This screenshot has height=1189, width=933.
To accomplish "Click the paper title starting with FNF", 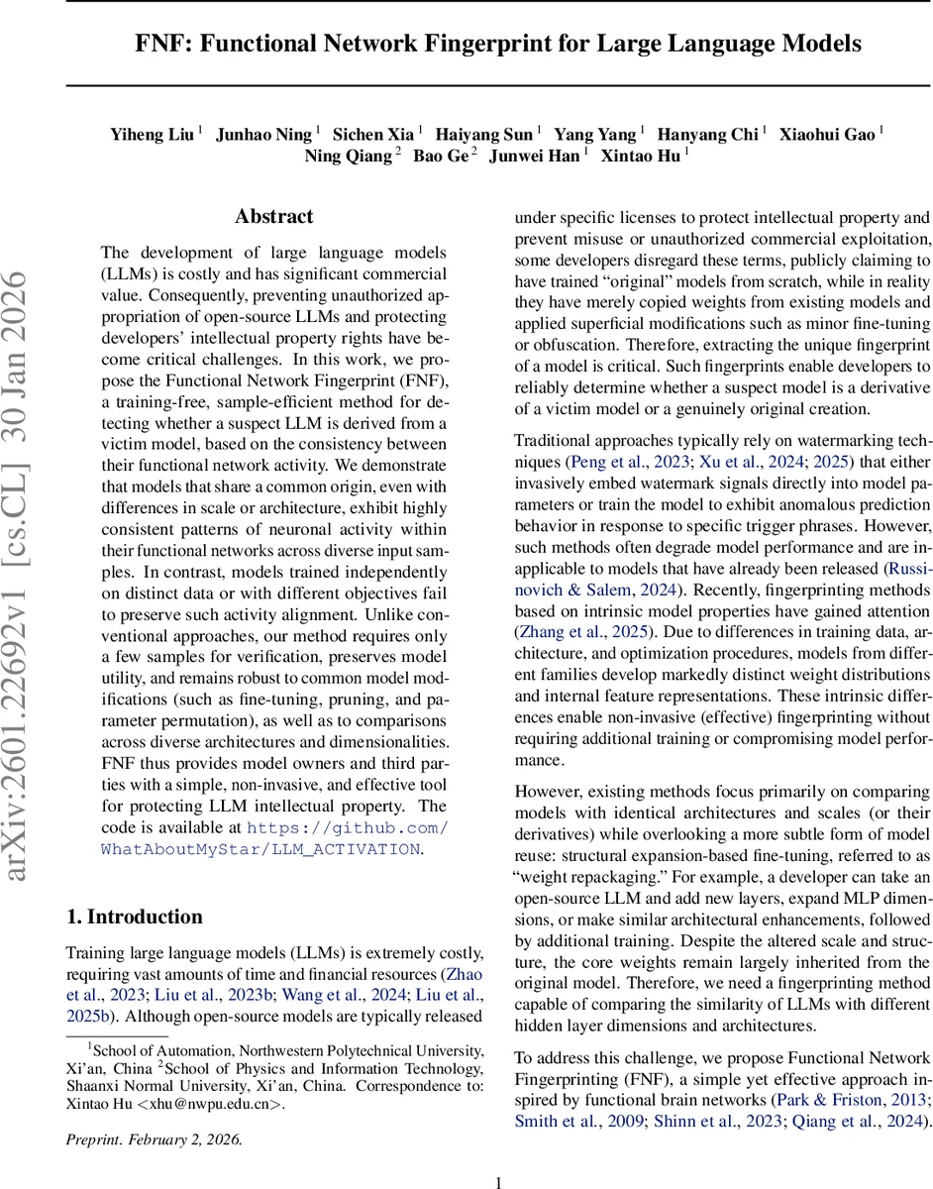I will [498, 45].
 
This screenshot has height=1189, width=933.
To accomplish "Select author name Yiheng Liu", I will [152, 135].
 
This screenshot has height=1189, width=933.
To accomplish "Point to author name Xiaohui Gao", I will [827, 135].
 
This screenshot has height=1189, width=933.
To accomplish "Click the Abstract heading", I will [274, 217].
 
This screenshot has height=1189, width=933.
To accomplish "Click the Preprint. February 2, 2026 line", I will [154, 1139].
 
